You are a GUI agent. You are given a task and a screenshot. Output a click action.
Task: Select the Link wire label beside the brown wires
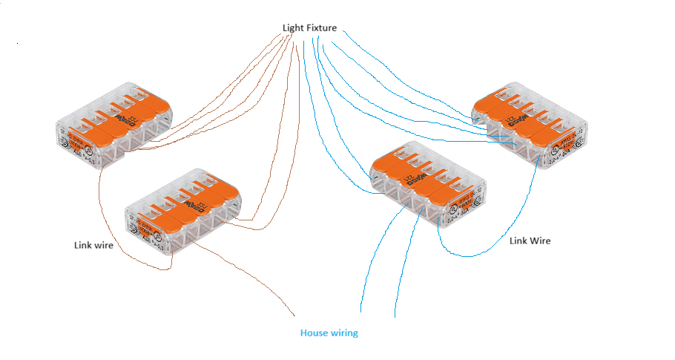[x=93, y=245]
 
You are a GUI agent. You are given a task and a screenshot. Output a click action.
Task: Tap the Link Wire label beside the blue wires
[x=530, y=241]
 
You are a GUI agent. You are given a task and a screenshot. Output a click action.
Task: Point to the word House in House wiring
[x=315, y=333]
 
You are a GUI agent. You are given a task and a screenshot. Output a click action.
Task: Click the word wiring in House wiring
[x=344, y=333]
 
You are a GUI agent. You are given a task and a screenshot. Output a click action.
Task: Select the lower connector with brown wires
[x=182, y=212]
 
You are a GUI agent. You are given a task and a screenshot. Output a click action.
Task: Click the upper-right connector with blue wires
[x=530, y=123]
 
